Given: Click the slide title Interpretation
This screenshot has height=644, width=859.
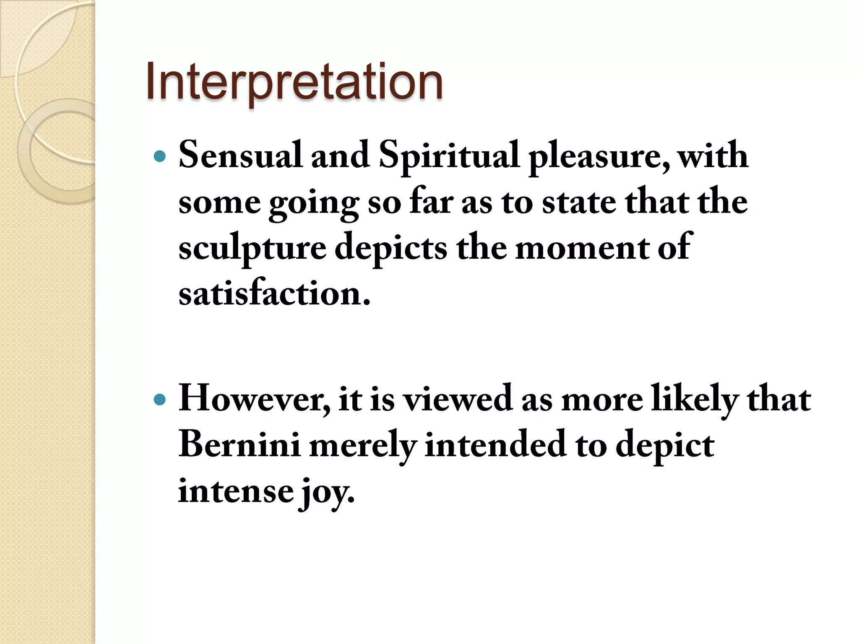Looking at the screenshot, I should tap(294, 81).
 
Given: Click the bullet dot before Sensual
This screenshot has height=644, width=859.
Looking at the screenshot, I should tap(160, 157).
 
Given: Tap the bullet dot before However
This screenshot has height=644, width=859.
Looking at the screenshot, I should tap(160, 400).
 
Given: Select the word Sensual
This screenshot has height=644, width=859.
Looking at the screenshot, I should tap(240, 156).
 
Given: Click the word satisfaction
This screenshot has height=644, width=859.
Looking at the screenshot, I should tap(274, 294).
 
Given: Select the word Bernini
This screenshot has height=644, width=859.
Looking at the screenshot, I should tap(239, 445).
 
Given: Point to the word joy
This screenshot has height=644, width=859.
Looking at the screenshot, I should tap(326, 493).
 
